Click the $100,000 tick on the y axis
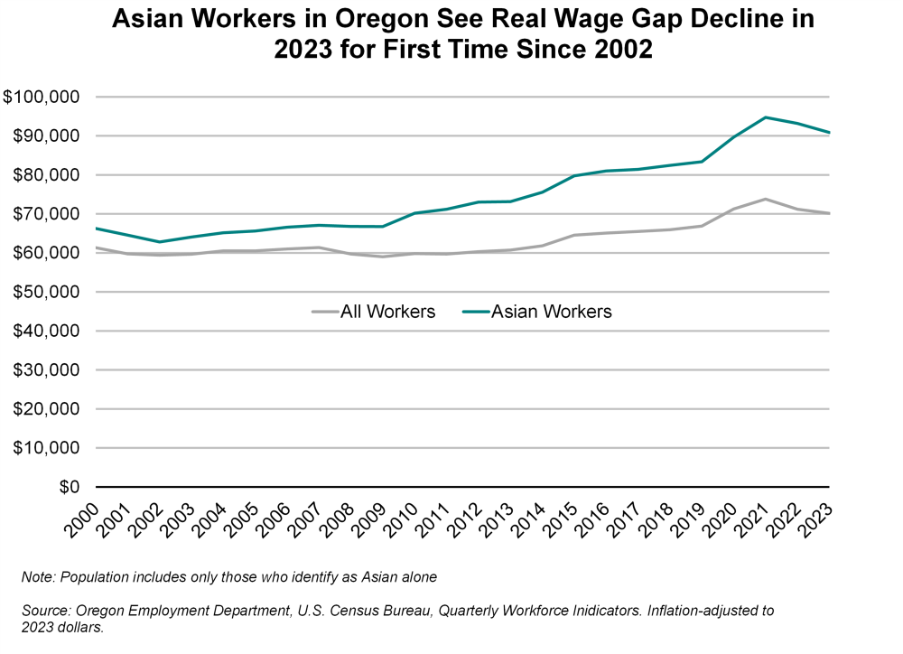pyautogui.click(x=42, y=98)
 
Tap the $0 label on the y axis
pyautogui.click(x=70, y=487)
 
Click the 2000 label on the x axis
pyautogui.click(x=87, y=522)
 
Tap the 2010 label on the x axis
pyautogui.click(x=405, y=522)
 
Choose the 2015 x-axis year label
pyautogui.click(x=563, y=522)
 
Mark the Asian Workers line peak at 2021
pyautogui.click(x=766, y=117)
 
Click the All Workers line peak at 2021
pyautogui.click(x=766, y=199)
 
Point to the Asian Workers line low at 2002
pyautogui.click(x=160, y=242)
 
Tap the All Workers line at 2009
pyautogui.click(x=383, y=257)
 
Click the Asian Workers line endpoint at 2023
pyautogui.click(x=829, y=133)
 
